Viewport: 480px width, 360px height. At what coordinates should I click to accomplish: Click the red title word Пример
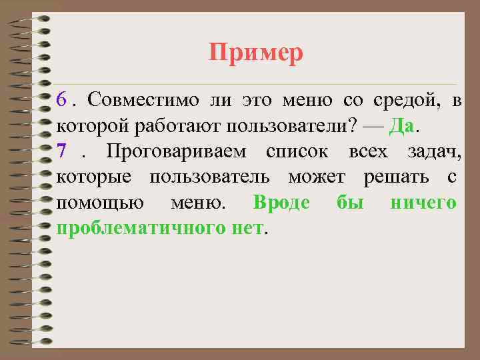(x=256, y=52)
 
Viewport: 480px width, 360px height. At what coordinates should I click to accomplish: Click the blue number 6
(x=62, y=101)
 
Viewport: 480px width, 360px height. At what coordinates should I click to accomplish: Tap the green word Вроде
(x=281, y=203)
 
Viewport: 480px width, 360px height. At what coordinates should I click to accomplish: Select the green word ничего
(x=423, y=203)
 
